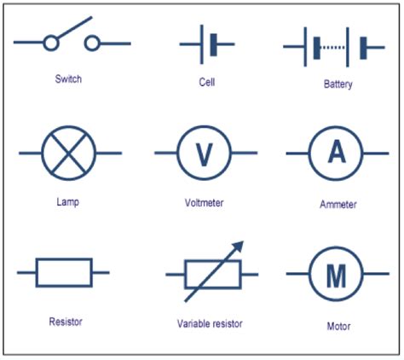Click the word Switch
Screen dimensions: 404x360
(x=68, y=78)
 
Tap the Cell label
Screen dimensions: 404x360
(x=207, y=82)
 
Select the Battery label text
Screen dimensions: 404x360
(x=338, y=84)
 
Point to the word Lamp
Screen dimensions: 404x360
(x=67, y=202)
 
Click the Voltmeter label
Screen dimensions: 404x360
(x=204, y=203)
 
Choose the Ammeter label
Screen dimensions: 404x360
(x=338, y=205)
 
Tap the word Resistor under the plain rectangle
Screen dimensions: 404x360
(x=66, y=322)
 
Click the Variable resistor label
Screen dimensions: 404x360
(x=210, y=323)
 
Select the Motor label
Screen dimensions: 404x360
(x=338, y=326)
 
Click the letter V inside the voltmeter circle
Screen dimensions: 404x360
(x=205, y=154)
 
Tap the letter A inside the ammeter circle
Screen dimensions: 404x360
(x=337, y=152)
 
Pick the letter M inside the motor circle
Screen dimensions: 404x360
(x=337, y=276)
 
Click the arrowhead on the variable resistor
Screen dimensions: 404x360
(x=239, y=247)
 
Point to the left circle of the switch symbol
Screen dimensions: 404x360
(x=51, y=44)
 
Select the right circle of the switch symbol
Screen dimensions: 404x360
(x=92, y=44)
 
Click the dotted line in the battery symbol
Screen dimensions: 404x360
(x=332, y=48)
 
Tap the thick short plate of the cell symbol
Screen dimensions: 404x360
(x=214, y=44)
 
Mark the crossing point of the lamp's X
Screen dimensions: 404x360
(x=69, y=153)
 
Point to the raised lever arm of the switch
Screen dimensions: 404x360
(x=75, y=27)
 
